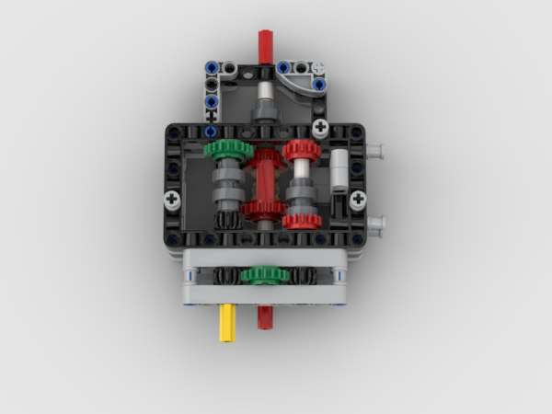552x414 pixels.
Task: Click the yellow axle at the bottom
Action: (226, 325)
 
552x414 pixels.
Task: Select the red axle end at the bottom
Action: (265, 317)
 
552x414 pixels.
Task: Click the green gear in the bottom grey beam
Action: (265, 275)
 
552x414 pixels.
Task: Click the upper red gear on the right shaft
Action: (301, 151)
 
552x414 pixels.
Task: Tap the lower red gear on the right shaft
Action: (302, 220)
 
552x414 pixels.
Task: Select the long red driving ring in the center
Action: (265, 184)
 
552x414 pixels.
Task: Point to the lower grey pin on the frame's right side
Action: (375, 223)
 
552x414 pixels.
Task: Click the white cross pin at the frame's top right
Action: (319, 127)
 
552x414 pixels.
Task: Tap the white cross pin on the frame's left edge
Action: (173, 199)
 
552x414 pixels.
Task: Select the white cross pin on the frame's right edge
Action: (357, 199)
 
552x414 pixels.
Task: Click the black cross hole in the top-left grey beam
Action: (211, 117)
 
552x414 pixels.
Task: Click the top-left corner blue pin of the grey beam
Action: (211, 67)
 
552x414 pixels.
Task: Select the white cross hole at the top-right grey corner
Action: (319, 67)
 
